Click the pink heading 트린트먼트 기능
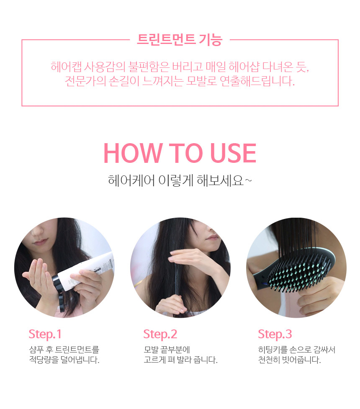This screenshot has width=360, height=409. pyautogui.click(x=180, y=40)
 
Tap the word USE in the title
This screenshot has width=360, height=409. pyautogui.click(x=233, y=153)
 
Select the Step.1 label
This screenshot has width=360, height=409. pyautogui.click(x=45, y=334)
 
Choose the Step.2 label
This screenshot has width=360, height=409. pyautogui.click(x=160, y=334)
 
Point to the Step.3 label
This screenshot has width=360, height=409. pyautogui.click(x=275, y=334)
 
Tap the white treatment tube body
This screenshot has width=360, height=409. pyautogui.click(x=86, y=271)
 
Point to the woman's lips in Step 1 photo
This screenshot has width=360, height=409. pyautogui.click(x=41, y=242)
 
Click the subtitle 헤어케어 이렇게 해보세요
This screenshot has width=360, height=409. pyautogui.click(x=180, y=180)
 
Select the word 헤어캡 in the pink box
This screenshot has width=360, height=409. pyautogui.click(x=66, y=67)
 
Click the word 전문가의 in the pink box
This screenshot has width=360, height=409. pyautogui.click(x=85, y=81)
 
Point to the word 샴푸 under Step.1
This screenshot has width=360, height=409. pyautogui.click(x=36, y=350)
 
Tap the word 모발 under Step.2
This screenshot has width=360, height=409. pyautogui.click(x=151, y=350)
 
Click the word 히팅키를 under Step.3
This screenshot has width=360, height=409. pyautogui.click(x=273, y=350)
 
